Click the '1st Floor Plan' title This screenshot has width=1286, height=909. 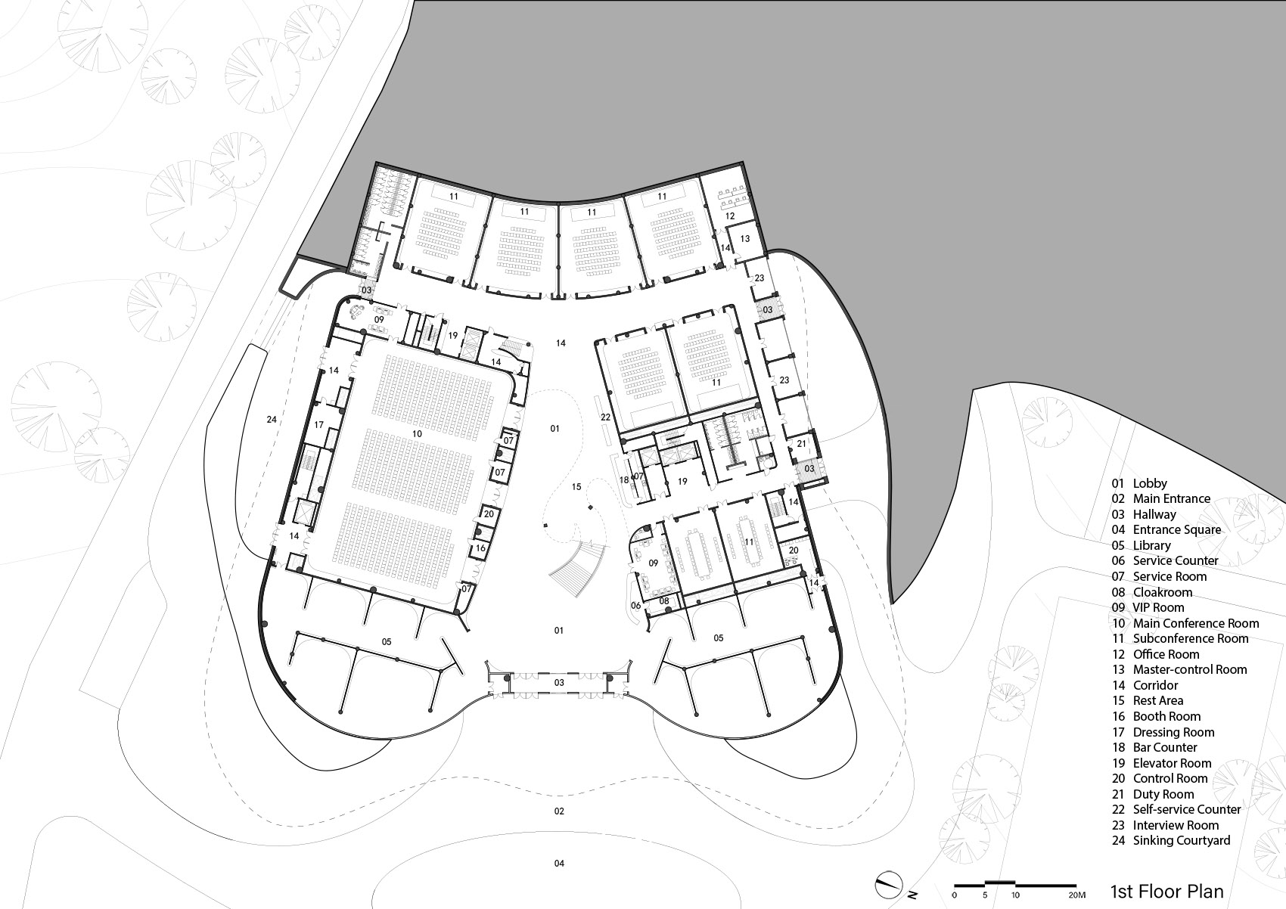(1166, 891)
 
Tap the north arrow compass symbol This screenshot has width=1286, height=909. (888, 885)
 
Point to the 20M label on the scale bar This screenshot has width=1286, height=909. (1077, 895)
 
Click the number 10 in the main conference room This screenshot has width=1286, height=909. (417, 434)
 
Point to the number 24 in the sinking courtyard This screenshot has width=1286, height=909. (272, 420)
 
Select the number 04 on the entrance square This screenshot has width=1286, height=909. (559, 863)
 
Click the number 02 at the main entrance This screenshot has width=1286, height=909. (559, 811)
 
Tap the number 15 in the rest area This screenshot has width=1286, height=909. (576, 486)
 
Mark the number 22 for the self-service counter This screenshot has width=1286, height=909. (606, 417)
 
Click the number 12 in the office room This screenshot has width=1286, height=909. (730, 216)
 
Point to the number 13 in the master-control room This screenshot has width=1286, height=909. (744, 239)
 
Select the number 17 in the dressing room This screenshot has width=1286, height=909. (319, 425)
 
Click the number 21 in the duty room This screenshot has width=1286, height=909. (802, 444)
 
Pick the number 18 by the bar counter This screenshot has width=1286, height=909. (624, 480)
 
